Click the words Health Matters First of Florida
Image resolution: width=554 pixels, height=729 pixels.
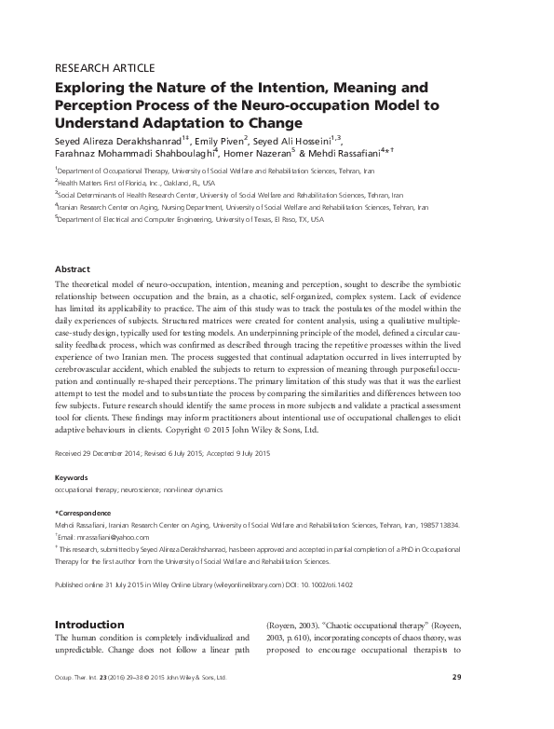point(103,184)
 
